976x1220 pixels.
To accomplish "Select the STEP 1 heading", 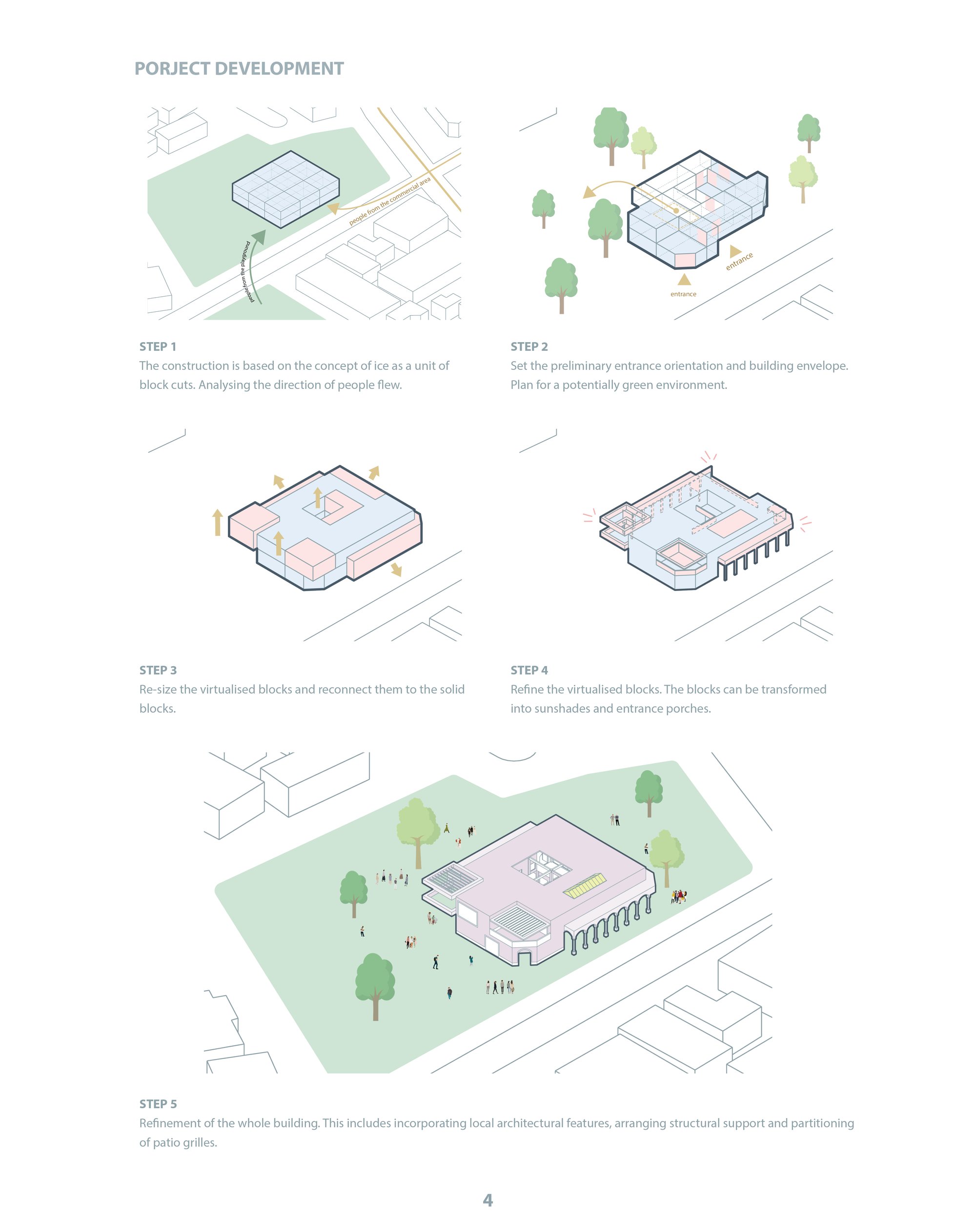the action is tap(158, 346).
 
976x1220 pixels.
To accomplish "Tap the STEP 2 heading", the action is tap(529, 346).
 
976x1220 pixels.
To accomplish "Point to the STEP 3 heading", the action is tap(158, 670).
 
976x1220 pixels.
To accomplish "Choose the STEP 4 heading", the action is tap(529, 670).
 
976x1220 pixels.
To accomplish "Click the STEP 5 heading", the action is tap(158, 1104).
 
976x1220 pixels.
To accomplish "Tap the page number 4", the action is tap(488, 1200).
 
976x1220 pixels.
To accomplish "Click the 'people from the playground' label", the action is tap(246, 272).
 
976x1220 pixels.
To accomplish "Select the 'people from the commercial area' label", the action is tap(390, 202).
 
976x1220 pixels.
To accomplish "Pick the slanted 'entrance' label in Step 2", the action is tap(739, 261).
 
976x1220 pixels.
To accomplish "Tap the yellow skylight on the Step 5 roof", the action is tap(585, 886).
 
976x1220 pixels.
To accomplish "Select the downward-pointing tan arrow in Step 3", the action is tap(396, 569).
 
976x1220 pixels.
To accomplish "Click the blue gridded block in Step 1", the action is tap(286, 189).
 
